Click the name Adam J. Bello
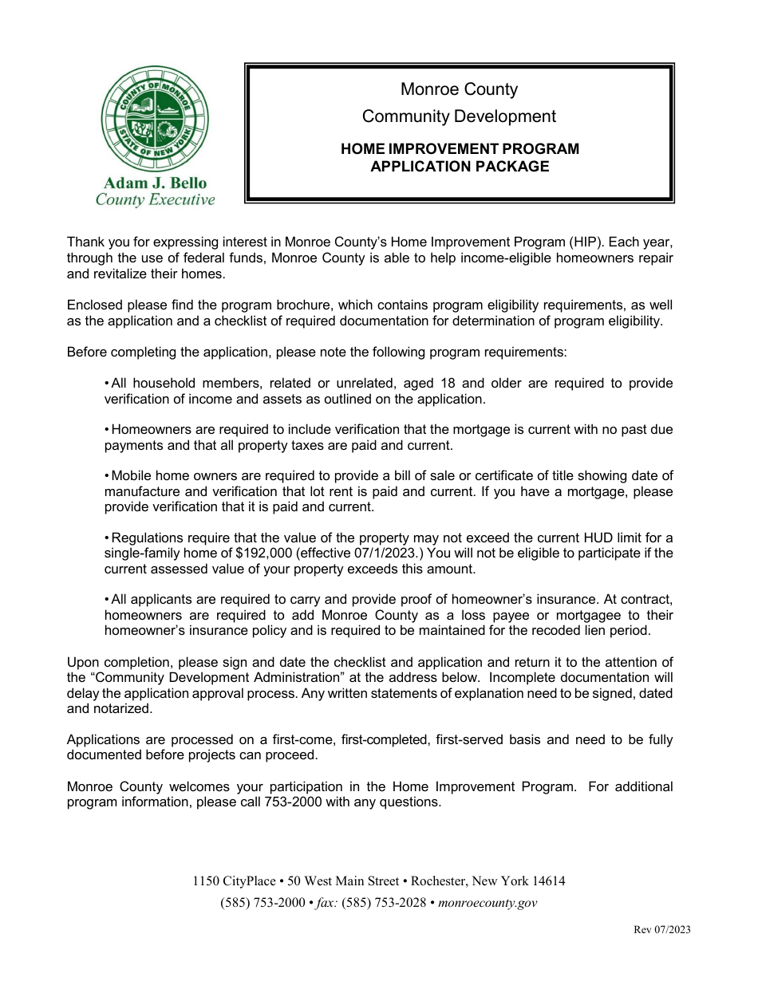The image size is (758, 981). [156, 183]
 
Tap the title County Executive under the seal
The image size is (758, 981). [156, 199]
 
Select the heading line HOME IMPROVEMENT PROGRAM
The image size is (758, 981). [460, 149]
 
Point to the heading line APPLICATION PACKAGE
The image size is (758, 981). [460, 167]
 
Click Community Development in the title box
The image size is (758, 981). [459, 116]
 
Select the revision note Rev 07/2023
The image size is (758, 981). [662, 930]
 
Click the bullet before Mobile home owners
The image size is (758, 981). [107, 476]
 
